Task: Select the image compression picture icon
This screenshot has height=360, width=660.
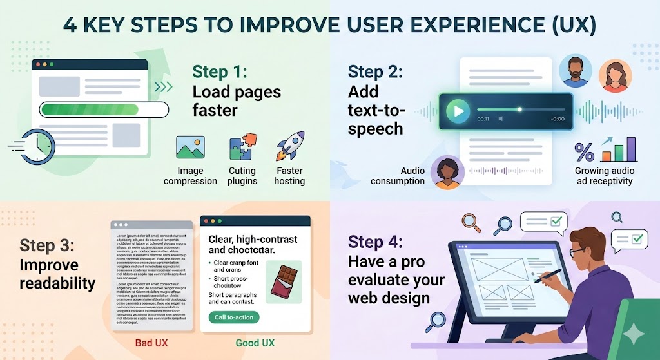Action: tap(190, 148)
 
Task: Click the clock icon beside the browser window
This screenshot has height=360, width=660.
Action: tap(33, 147)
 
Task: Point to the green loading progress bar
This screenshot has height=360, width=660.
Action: tap(103, 109)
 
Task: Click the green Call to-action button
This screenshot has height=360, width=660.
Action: tap(233, 317)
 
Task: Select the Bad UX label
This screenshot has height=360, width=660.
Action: tap(151, 343)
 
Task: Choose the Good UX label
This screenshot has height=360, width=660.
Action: tap(255, 343)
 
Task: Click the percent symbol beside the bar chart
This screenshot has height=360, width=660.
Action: tap(584, 152)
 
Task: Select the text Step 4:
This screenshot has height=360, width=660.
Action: tap(375, 242)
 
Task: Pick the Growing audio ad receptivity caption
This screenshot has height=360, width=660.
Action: tap(605, 176)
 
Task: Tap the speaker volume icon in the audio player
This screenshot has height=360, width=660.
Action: tap(501, 119)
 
